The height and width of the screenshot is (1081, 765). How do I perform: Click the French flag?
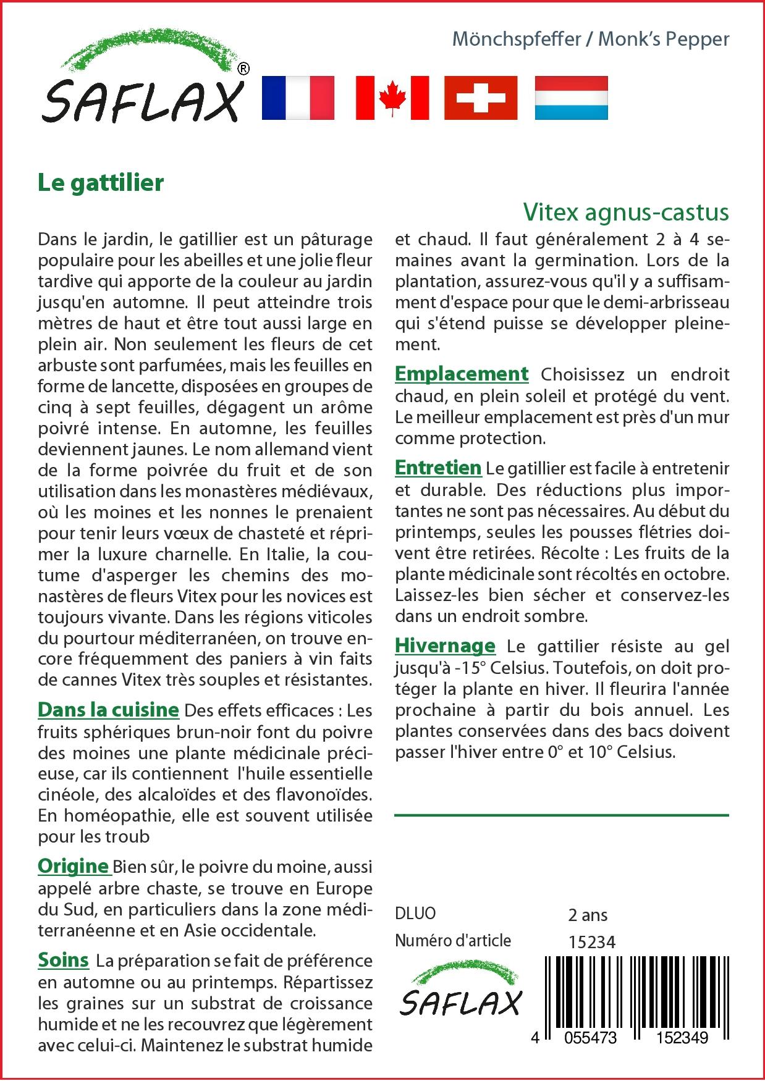298,98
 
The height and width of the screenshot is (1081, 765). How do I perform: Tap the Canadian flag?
392,98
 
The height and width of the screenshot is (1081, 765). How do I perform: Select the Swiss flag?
481,98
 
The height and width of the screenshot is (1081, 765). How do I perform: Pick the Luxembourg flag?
571,98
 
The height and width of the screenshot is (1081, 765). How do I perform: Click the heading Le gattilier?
101,183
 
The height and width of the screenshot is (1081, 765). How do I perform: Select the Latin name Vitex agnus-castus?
626,212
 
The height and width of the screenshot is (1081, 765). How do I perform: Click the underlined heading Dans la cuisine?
108,710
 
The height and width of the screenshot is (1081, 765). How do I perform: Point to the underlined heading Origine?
74,866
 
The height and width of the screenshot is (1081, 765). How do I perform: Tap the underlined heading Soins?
63,960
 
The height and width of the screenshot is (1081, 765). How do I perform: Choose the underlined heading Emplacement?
462,374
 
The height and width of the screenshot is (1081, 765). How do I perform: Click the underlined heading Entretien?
438,468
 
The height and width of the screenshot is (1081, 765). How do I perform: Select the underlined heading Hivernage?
445,646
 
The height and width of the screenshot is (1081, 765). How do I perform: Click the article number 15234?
592,941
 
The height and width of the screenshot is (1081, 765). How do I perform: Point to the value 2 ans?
588,915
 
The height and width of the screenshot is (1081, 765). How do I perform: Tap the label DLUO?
415,913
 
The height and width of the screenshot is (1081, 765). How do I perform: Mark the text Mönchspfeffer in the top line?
517,40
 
